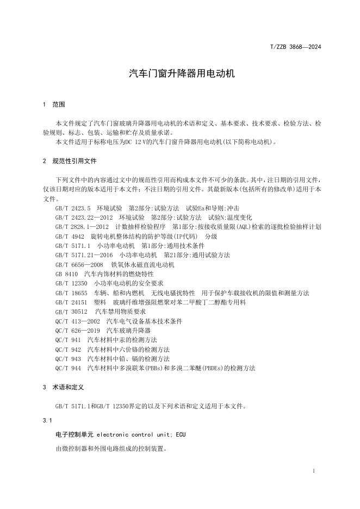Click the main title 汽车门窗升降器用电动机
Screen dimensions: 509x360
click(x=182, y=73)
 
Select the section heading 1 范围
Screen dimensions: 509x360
click(x=53, y=104)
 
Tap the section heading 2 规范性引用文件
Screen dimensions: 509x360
click(x=69, y=161)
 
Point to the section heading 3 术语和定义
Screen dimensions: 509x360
click(x=65, y=388)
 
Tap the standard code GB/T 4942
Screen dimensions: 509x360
click(x=70, y=237)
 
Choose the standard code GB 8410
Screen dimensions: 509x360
click(x=66, y=274)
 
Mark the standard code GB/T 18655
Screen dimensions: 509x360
click(x=71, y=293)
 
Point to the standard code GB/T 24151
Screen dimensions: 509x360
click(x=71, y=302)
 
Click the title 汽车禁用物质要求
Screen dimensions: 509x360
click(x=121, y=312)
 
